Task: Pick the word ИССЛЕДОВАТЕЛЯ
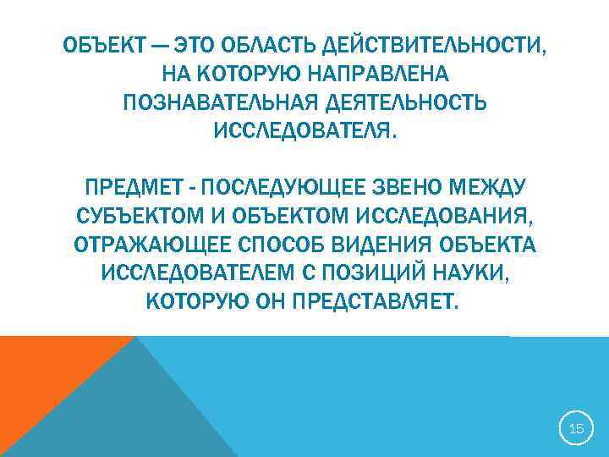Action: (304, 131)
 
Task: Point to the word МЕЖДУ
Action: (493, 186)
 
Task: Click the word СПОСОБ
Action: (275, 245)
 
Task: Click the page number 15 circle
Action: (575, 429)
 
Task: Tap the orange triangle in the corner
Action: (42, 372)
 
